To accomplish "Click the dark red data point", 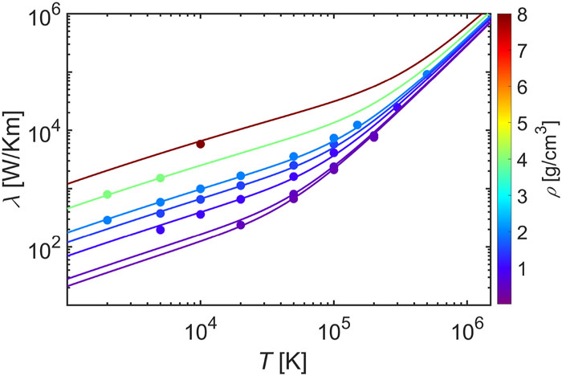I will pyautogui.click(x=201, y=144).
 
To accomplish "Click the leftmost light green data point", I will pyautogui.click(x=108, y=194).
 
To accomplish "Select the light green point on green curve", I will pyautogui.click(x=161, y=178).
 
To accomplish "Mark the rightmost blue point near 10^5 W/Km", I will pyautogui.click(x=426, y=74).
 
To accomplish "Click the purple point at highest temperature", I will pyautogui.click(x=397, y=107).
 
